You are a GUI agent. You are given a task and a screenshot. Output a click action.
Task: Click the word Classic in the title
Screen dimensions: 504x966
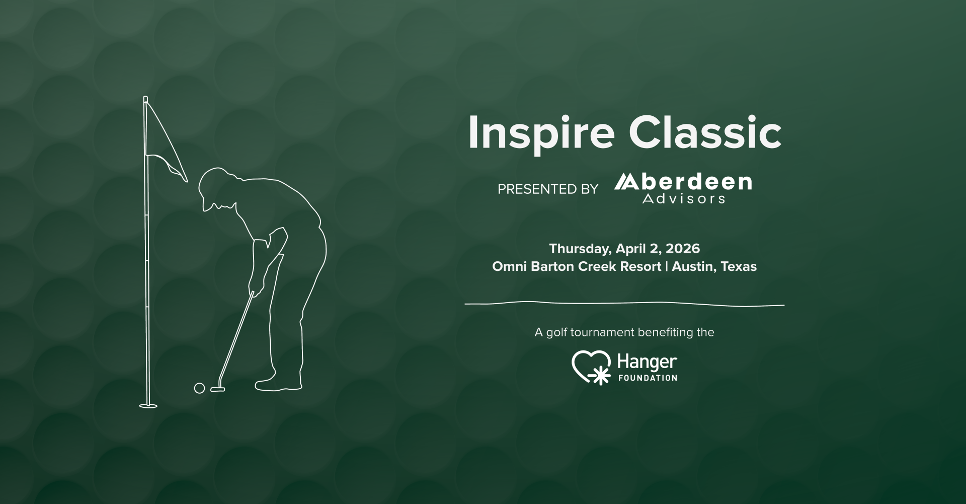click(705, 133)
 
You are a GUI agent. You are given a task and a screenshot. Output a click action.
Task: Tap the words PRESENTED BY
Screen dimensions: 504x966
click(547, 189)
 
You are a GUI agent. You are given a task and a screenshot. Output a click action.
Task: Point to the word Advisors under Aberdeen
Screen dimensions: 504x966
click(684, 199)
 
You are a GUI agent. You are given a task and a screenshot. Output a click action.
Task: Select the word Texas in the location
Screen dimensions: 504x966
click(739, 266)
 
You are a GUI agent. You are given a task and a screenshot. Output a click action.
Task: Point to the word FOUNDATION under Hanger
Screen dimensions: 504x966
click(647, 378)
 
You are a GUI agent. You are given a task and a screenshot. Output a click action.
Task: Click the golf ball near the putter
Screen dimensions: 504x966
click(199, 388)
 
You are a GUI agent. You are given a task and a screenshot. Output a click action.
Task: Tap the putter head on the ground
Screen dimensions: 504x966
click(217, 389)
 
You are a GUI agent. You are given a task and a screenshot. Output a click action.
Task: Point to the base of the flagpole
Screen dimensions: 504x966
click(148, 405)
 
